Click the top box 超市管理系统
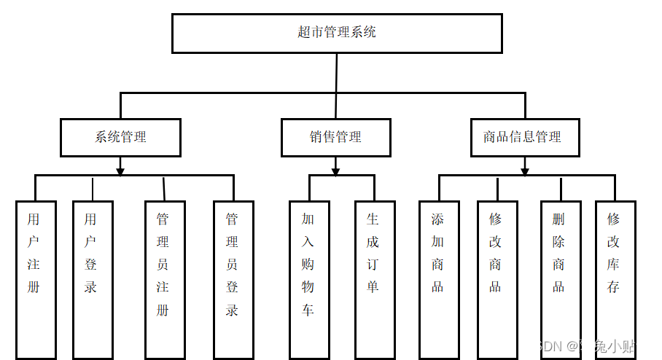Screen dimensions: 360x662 [x=337, y=34]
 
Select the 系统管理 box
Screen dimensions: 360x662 [x=120, y=138]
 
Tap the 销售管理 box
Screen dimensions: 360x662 [x=335, y=138]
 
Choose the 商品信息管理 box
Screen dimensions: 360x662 [x=525, y=138]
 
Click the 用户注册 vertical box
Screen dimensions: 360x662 [x=36, y=280]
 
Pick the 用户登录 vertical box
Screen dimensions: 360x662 [x=93, y=280]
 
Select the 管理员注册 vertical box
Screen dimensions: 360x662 [x=165, y=280]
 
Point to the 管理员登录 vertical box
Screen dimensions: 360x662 [x=233, y=280]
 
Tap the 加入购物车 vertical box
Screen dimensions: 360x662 [x=309, y=280]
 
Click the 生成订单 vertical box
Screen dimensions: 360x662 [x=375, y=280]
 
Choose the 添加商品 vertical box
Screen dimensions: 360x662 [x=439, y=280]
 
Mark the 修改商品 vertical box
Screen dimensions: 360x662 [x=497, y=280]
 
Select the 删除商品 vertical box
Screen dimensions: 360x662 [x=561, y=280]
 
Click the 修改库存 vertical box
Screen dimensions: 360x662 [x=615, y=280]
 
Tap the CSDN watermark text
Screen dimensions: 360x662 [x=587, y=345]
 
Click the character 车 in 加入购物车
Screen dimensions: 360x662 [x=308, y=310]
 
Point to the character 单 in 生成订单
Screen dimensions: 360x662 [x=373, y=286]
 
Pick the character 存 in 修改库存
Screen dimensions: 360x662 [x=613, y=286]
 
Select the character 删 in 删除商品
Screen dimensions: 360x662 [x=558, y=219]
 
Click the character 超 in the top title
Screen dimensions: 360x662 [x=304, y=32]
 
